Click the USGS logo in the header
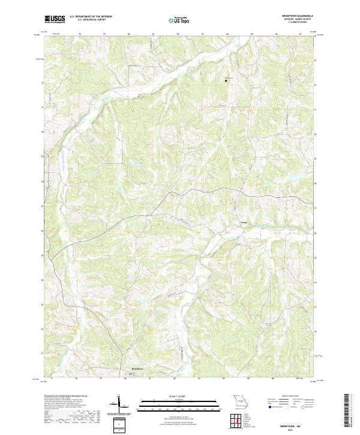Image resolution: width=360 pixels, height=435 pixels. (x=55, y=19)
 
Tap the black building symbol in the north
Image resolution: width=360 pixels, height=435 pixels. (x=226, y=80)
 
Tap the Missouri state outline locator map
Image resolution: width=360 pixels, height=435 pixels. (x=241, y=401)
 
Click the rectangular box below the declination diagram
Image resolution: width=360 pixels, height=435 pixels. (x=118, y=425)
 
